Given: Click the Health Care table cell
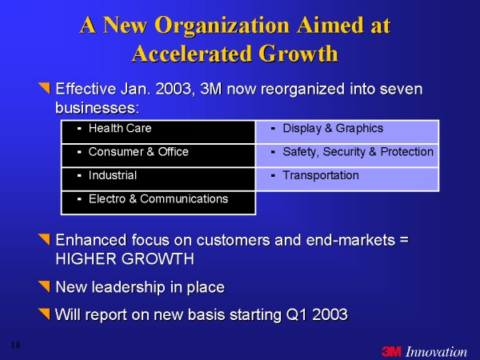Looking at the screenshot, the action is pyautogui.click(x=158, y=132).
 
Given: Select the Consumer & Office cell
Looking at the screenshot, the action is pyautogui.click(x=158, y=155).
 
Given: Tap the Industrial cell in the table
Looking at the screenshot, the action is pyautogui.click(x=158, y=179).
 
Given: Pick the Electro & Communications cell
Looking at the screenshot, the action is pyautogui.click(x=158, y=202).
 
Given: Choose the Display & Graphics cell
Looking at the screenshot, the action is pyautogui.click(x=347, y=132).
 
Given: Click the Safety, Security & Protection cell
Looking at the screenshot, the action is pyautogui.click(x=347, y=155).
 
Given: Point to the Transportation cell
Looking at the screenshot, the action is pyautogui.click(x=347, y=179).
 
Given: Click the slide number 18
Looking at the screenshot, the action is pyautogui.click(x=16, y=346).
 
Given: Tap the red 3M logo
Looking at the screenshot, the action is pyautogui.click(x=391, y=351).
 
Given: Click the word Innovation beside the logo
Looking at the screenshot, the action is pyautogui.click(x=436, y=351).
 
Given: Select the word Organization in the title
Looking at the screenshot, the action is pyautogui.click(x=222, y=26).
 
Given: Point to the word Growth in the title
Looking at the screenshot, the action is pyautogui.click(x=298, y=54).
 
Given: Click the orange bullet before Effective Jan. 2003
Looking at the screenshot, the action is pyautogui.click(x=44, y=87).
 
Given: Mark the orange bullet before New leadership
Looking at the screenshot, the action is pyautogui.click(x=44, y=286).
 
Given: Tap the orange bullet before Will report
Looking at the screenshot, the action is pyautogui.click(x=44, y=314).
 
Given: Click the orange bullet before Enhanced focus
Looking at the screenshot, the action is pyautogui.click(x=44, y=239).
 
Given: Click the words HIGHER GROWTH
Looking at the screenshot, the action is pyautogui.click(x=125, y=259).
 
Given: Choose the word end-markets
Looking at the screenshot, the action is pyautogui.click(x=350, y=240).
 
